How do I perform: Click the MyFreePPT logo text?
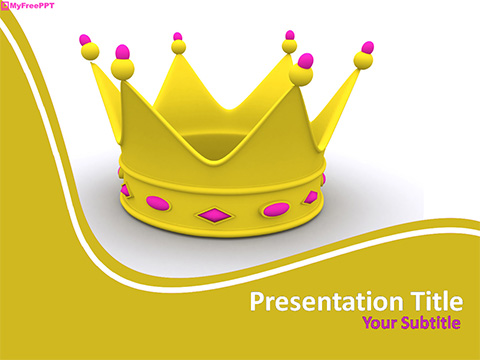tap(32, 6)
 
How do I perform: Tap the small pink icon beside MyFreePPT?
tap(5, 6)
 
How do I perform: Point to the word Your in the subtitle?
tap(379, 322)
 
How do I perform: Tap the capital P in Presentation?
tap(256, 300)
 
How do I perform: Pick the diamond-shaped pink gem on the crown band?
tap(212, 213)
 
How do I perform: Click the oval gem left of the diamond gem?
tap(158, 204)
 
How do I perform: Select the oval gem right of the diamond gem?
tap(277, 209)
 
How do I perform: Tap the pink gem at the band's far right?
tap(311, 197)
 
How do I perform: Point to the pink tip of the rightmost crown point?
tap(367, 47)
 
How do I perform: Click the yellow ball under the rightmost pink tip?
tap(363, 61)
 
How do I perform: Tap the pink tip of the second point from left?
tap(123, 51)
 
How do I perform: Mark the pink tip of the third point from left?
tap(178, 37)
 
